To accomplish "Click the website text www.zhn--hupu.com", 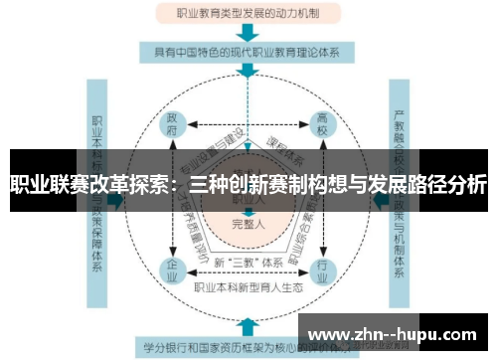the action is [398, 334].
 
